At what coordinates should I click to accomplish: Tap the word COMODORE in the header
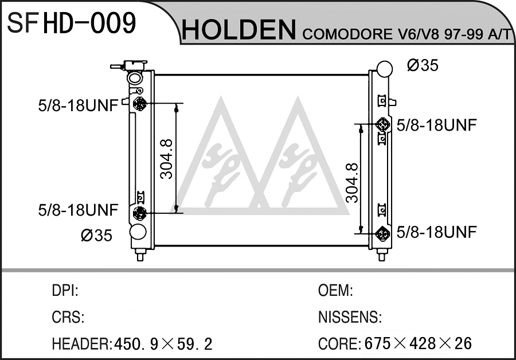[346, 34]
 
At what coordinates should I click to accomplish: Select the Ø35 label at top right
[423, 65]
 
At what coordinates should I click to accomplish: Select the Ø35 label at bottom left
[96, 235]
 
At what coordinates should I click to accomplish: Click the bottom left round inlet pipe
[138, 232]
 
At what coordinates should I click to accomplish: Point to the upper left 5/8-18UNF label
[78, 106]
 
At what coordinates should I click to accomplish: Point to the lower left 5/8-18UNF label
[78, 210]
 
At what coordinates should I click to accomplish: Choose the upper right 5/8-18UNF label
[437, 125]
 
